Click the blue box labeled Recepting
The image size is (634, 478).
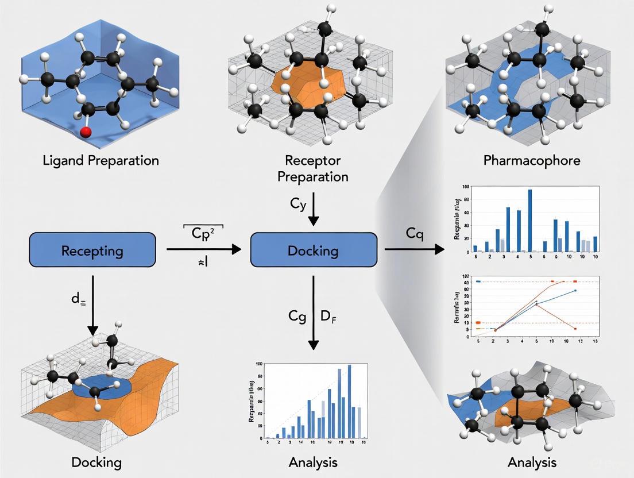92,250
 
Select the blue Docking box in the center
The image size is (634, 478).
314,250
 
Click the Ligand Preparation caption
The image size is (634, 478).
100,160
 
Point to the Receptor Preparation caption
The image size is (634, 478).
313,168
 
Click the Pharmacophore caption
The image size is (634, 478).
532,160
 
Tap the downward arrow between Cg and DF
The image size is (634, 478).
314,313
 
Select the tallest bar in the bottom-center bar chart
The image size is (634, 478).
349,402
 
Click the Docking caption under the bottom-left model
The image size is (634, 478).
97,462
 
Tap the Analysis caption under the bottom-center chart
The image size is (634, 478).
314,462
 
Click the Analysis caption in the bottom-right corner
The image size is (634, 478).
532,462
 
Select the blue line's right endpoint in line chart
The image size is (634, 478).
575,291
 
